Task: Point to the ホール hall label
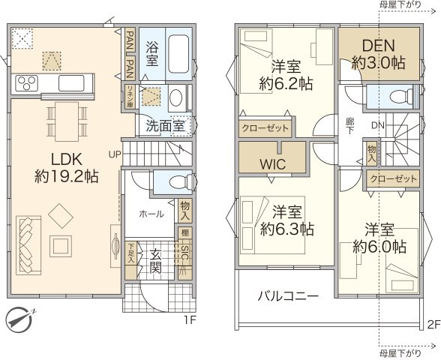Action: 150,213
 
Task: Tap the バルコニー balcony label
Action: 289,296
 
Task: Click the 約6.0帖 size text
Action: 381,246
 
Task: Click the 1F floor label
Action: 190,319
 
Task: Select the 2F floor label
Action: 433,324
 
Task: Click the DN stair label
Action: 377,125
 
